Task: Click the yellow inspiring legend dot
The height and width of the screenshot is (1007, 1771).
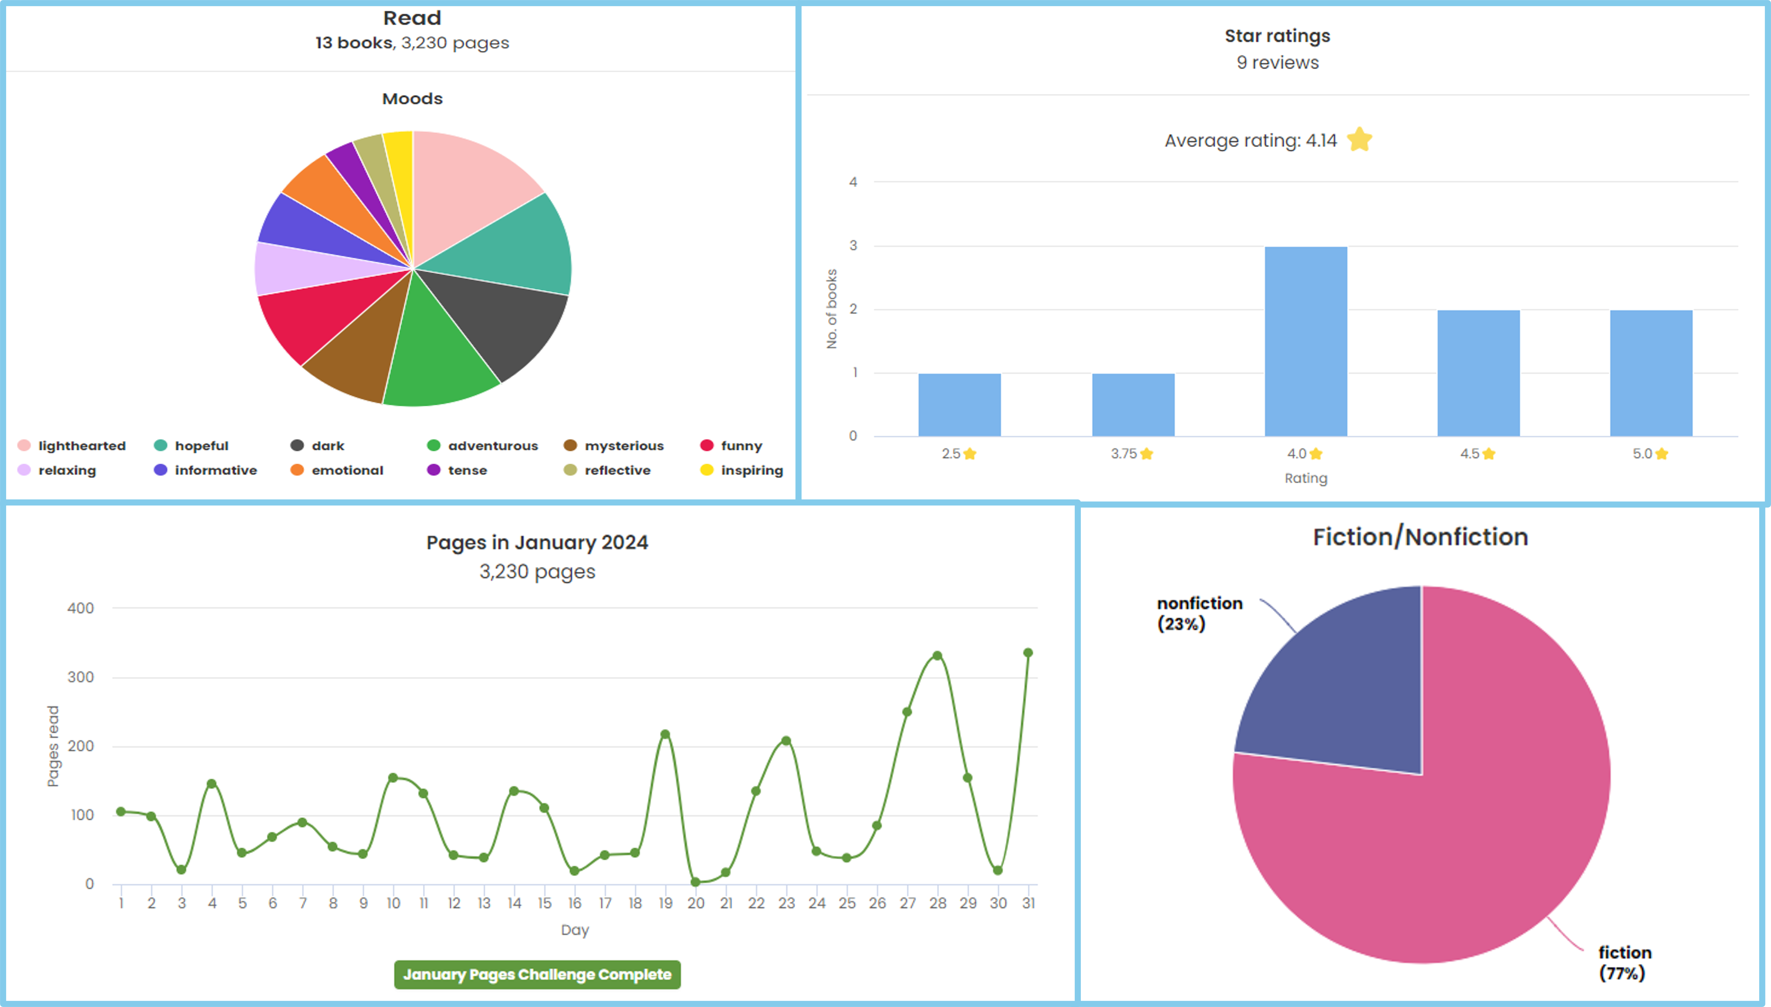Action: (x=706, y=470)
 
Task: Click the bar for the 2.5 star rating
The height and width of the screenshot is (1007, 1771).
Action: (x=959, y=405)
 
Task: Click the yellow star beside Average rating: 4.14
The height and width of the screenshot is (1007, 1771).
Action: (x=1359, y=140)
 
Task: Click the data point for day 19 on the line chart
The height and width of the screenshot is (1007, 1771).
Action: (x=665, y=735)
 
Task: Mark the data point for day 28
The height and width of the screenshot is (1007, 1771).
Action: (x=937, y=656)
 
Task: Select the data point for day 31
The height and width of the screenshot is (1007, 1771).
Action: (x=1028, y=653)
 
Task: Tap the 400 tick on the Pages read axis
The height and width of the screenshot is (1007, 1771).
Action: (x=80, y=609)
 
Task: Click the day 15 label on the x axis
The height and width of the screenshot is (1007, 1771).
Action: (x=544, y=903)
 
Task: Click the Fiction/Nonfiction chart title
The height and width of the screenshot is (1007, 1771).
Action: (x=1420, y=537)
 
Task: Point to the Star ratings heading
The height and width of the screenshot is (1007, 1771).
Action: (x=1277, y=36)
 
